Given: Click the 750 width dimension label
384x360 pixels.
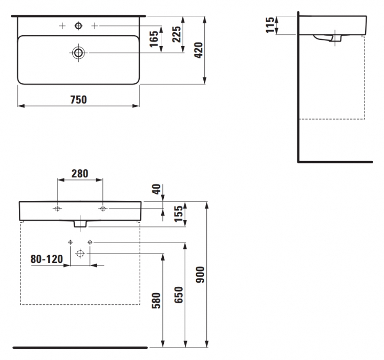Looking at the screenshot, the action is pyautogui.click(x=78, y=100).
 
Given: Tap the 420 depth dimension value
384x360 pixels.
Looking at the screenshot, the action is pyautogui.click(x=199, y=50).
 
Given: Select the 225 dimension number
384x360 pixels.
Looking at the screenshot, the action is pyautogui.click(x=177, y=34).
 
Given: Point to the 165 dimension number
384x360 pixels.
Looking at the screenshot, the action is pyautogui.click(x=154, y=39).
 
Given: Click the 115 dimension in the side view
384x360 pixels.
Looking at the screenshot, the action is pyautogui.click(x=270, y=25).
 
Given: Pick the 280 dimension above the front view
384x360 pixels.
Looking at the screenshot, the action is pyautogui.click(x=79, y=174).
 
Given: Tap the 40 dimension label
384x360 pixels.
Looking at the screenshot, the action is pyautogui.click(x=157, y=189).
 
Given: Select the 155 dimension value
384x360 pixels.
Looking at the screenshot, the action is pyautogui.click(x=179, y=214).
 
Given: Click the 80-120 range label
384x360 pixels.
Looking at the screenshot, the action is pyautogui.click(x=47, y=259).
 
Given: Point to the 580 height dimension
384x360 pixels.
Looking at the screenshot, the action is pyautogui.click(x=156, y=301).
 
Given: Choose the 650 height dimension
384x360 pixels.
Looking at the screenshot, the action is pyautogui.click(x=179, y=295).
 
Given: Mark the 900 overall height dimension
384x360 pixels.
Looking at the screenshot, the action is pyautogui.click(x=200, y=275).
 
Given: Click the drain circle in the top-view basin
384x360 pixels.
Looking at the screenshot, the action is pyautogui.click(x=78, y=53).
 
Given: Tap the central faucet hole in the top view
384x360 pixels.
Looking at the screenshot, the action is pyautogui.click(x=78, y=26).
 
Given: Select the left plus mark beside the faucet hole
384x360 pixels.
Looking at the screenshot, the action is pyautogui.click(x=62, y=26).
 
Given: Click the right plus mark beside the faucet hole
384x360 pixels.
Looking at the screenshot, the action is pyautogui.click(x=95, y=26).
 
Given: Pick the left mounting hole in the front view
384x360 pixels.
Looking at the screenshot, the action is pyautogui.click(x=57, y=209).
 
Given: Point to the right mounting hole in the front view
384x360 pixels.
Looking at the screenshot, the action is pyautogui.click(x=102, y=209).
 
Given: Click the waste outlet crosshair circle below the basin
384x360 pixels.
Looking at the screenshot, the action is pyautogui.click(x=80, y=254).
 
